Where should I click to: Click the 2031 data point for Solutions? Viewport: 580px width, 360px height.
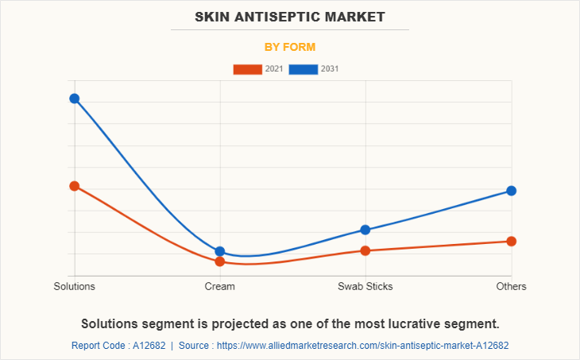click(x=74, y=99)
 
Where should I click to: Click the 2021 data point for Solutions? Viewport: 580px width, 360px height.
click(x=74, y=186)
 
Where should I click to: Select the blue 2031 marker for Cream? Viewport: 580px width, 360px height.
click(x=220, y=251)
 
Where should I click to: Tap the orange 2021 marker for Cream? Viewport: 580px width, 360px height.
click(x=220, y=261)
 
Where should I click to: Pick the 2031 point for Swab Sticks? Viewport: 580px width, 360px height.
click(x=365, y=230)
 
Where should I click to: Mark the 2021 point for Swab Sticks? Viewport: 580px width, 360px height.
click(x=365, y=250)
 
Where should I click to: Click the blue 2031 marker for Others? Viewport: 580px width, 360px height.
click(x=512, y=191)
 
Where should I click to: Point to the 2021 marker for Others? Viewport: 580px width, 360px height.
click(x=512, y=241)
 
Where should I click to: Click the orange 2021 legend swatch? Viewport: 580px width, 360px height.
click(x=247, y=69)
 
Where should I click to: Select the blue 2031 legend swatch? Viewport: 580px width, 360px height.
click(x=304, y=69)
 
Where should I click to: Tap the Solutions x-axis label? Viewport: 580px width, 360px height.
click(x=74, y=286)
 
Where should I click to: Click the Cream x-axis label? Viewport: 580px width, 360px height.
click(x=220, y=286)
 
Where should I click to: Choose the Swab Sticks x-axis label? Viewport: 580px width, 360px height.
click(x=365, y=286)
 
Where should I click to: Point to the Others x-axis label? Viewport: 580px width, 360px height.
click(x=512, y=286)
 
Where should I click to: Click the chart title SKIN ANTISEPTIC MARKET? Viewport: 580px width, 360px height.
click(x=290, y=16)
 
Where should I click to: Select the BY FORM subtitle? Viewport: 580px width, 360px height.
click(x=290, y=47)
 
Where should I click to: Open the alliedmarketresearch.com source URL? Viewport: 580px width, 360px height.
click(x=362, y=346)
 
